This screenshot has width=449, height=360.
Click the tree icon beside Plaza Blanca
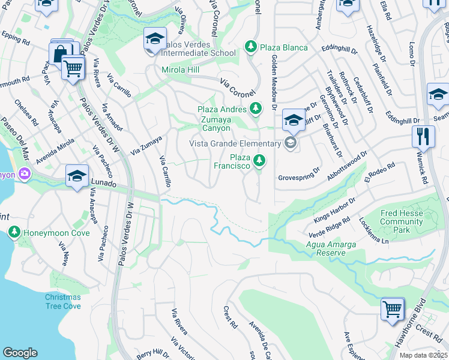coord(250,47)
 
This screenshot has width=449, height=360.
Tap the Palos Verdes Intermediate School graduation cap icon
coord(154,40)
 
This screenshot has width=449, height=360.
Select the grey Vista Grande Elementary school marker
coord(291,143)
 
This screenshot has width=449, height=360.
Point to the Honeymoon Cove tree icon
coord(14,232)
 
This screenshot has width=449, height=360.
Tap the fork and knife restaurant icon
coord(423,137)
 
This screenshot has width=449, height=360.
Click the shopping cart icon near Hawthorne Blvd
coord(393,309)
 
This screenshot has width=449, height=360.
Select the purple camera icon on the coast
coord(25,174)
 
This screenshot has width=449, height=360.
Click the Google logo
coord(20,353)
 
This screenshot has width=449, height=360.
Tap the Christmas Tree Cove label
coord(62,302)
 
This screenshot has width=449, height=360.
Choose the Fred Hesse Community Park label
coord(402,221)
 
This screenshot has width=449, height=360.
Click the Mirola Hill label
coord(181,70)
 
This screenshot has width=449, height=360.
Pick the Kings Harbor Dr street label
coord(331,208)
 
